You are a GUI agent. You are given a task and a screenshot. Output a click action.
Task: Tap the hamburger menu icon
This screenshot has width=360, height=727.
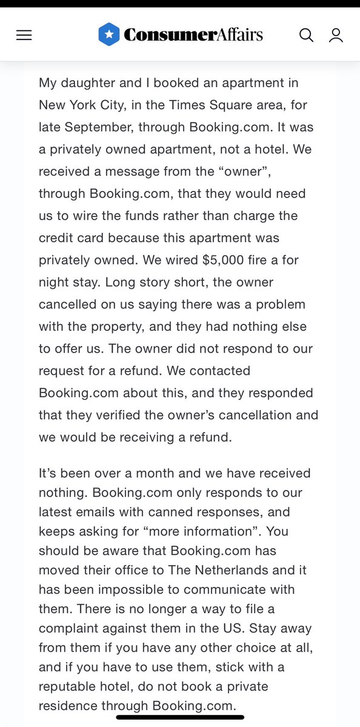pyautogui.click(x=24, y=36)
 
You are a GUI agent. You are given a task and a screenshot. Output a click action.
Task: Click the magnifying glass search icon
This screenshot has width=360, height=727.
pyautogui.click(x=306, y=36)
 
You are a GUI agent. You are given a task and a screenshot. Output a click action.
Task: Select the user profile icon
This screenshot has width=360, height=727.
pyautogui.click(x=336, y=36)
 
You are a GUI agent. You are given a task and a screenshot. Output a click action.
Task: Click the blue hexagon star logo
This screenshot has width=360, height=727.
pyautogui.click(x=108, y=35)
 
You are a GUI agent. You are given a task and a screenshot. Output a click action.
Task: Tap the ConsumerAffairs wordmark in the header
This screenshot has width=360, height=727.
pyautogui.click(x=193, y=35)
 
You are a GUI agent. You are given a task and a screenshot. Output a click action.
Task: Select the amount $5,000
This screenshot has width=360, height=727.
pyautogui.click(x=224, y=260)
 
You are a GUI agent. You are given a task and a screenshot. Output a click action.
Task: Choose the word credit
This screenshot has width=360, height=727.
pyautogui.click(x=55, y=238)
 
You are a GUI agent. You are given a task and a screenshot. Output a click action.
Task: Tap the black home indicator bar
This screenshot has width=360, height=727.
pyautogui.click(x=179, y=718)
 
